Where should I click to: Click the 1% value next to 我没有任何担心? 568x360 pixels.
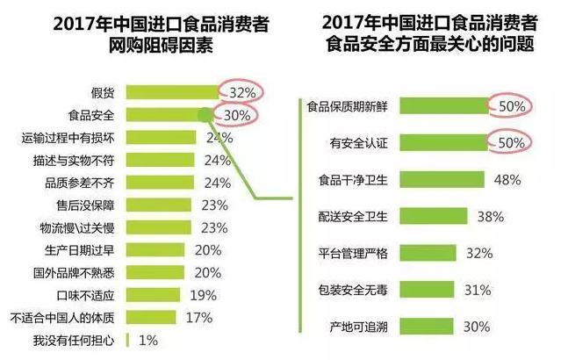pos(149,340)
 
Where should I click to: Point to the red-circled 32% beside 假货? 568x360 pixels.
pos(242,91)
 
